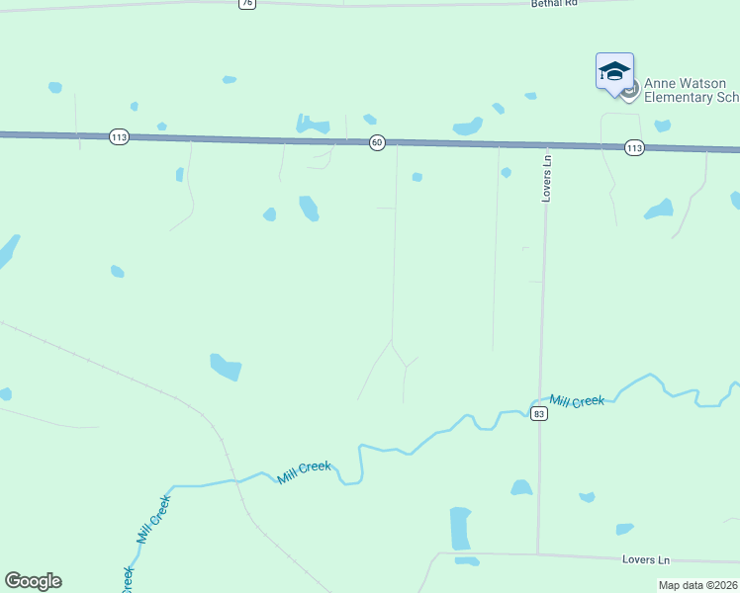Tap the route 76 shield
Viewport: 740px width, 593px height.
(246, 3)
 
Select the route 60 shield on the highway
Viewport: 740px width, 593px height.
(377, 143)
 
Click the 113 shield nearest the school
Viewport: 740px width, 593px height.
(634, 147)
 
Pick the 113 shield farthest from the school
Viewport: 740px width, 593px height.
(119, 137)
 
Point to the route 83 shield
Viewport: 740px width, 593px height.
(538, 413)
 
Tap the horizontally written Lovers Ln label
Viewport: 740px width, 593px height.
(646, 559)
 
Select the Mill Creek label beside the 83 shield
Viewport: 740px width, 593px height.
(577, 401)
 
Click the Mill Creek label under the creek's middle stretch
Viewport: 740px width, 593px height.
(305, 472)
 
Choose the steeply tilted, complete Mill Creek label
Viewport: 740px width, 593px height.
(153, 519)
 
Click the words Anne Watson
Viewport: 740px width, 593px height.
(678, 84)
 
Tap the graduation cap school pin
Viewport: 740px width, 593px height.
(614, 72)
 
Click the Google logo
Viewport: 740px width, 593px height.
(33, 581)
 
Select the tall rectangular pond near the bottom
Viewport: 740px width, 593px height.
(460, 528)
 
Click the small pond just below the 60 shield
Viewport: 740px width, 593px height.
(417, 177)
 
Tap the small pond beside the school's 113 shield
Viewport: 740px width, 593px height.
(662, 126)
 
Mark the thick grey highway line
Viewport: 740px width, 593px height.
(247, 139)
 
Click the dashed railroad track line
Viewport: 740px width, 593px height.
(119, 373)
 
